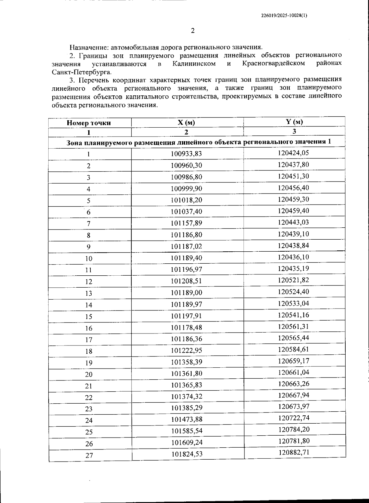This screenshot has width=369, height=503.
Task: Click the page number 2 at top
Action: click(x=193, y=31)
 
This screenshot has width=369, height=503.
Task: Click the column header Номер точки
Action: click(x=89, y=123)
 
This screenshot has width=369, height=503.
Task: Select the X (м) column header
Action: click(x=186, y=122)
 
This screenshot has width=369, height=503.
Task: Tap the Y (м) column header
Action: click(x=294, y=122)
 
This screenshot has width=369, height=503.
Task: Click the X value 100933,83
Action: click(x=186, y=154)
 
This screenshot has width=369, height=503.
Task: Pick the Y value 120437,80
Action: click(x=293, y=165)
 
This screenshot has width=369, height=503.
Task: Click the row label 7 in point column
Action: click(x=89, y=224)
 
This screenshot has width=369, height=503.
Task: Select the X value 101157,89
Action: click(x=186, y=223)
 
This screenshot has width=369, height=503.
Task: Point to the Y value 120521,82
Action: click(x=293, y=280)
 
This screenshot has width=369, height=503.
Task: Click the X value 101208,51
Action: click(x=186, y=281)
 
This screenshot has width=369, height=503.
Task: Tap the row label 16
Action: click(x=89, y=328)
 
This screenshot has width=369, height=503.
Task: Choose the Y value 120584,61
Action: click(x=293, y=349)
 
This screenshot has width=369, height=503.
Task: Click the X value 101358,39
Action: click(x=186, y=362)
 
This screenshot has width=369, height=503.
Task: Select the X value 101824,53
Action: click(x=187, y=454)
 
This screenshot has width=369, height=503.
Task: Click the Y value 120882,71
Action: click(x=294, y=452)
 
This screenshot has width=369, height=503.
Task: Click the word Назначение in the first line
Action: click(x=88, y=47)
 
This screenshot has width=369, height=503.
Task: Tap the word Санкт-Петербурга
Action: click(x=81, y=72)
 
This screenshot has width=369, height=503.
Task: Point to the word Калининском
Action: click(x=194, y=64)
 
